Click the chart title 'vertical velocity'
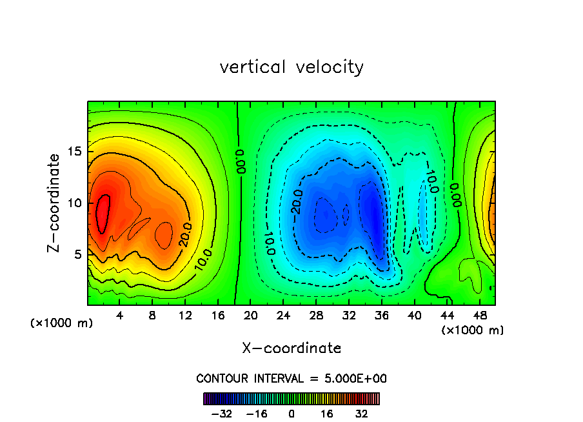click(291, 67)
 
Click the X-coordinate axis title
click(291, 348)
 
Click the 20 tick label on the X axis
click(250, 316)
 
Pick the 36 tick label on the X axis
click(381, 316)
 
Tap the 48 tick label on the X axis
click(479, 316)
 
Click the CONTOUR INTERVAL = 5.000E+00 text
click(291, 378)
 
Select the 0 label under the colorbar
click(291, 414)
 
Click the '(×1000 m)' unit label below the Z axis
click(62, 323)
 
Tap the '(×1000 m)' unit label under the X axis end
click(473, 330)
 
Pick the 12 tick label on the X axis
click(185, 316)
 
